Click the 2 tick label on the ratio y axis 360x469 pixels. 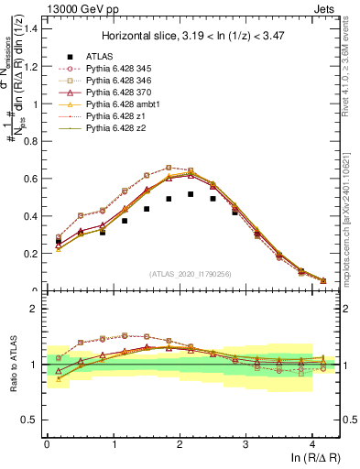point(33,310)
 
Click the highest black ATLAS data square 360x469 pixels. point(191,194)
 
